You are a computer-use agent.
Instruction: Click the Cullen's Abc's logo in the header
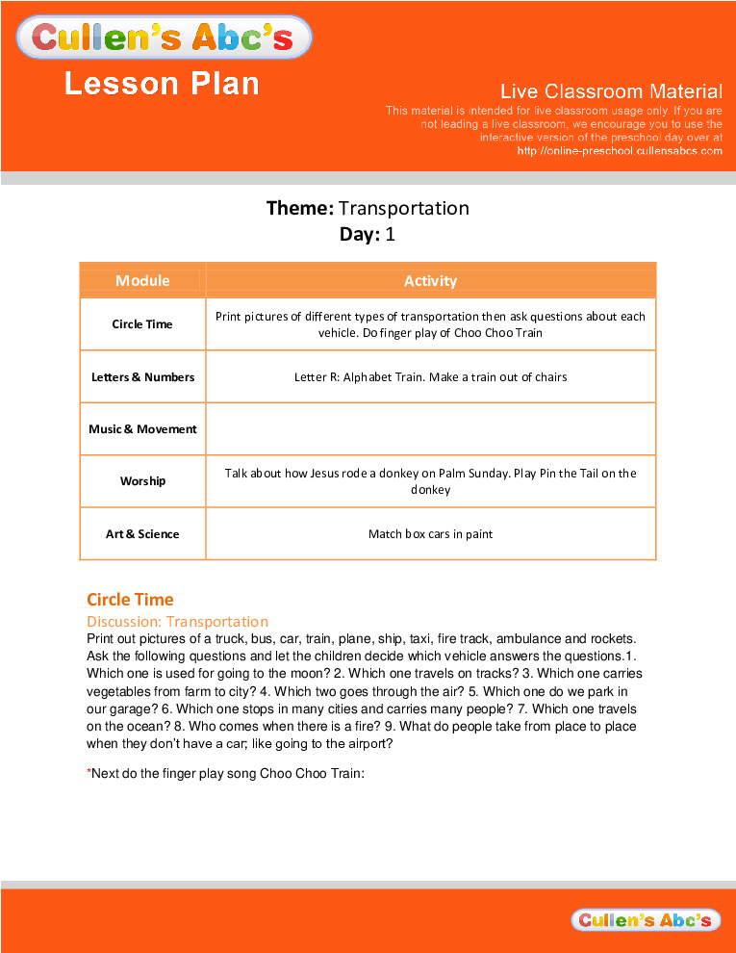[x=164, y=38]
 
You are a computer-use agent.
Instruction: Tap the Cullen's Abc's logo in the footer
[x=645, y=920]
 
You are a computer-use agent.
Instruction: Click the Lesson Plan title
[x=162, y=84]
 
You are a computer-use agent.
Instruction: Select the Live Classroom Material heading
[x=611, y=91]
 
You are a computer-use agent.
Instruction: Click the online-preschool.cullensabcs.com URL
[x=620, y=151]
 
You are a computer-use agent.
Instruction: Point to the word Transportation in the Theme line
[x=404, y=208]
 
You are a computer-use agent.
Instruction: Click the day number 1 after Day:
[x=391, y=234]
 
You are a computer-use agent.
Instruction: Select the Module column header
[x=142, y=281]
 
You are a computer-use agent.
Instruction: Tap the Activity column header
[x=430, y=281]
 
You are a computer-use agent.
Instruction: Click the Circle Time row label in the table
[x=142, y=324]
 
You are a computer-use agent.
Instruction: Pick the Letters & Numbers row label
[x=142, y=377]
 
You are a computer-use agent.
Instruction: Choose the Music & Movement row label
[x=142, y=429]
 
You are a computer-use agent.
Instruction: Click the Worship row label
[x=142, y=481]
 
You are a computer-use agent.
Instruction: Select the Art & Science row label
[x=142, y=534]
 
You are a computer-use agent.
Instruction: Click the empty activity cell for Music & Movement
[x=430, y=429]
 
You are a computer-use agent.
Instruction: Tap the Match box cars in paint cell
[x=430, y=534]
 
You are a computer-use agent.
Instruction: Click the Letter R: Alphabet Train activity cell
[x=430, y=377]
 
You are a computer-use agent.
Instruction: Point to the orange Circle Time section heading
[x=130, y=600]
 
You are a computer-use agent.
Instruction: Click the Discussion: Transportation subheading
[x=177, y=622]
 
